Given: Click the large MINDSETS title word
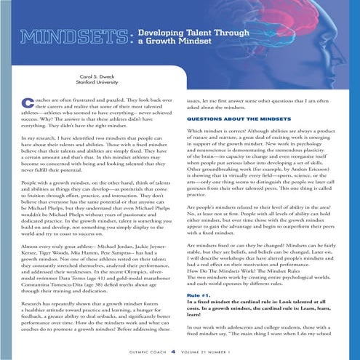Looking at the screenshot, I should (x=68, y=36).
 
